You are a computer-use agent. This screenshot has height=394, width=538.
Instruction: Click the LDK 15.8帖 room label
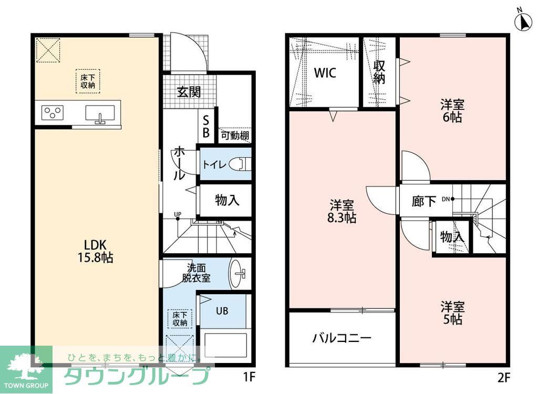coord(96,251)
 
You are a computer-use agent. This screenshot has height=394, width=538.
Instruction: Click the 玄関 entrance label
coord(188,92)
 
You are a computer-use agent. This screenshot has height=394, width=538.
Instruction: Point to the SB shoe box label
coord(206,127)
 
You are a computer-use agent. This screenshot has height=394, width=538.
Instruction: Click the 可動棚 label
coord(234,136)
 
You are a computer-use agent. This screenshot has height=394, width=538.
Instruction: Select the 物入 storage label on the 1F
coord(227,200)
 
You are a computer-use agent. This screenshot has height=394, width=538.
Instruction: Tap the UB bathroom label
coord(222,310)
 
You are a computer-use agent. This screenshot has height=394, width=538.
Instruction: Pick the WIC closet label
coord(325,73)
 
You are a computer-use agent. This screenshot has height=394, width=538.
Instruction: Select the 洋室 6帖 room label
coord(452,111)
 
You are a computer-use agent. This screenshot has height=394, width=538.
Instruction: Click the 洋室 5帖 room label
coord(452,312)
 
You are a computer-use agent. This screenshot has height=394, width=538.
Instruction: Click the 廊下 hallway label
coord(424,201)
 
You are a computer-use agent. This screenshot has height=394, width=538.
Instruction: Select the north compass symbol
coord(524,22)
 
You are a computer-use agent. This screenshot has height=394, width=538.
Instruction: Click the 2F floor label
coord(503,377)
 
